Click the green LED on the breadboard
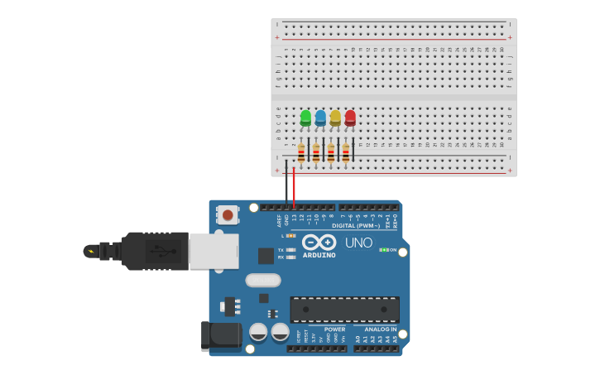point(305,118)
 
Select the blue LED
point(320,118)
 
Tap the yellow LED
point(335,118)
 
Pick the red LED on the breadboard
point(350,118)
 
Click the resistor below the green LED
point(301,152)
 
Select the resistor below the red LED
point(346,152)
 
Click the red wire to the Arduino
point(294,186)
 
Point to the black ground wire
point(286,186)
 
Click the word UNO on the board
point(358,243)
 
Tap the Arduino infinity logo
point(319,243)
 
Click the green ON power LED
point(383,249)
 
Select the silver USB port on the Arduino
point(214,251)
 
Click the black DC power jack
point(221,335)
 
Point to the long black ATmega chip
point(344,309)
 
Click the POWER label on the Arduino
point(334,329)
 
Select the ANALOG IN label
point(381,329)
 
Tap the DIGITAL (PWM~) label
point(356,225)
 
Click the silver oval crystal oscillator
point(263,280)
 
